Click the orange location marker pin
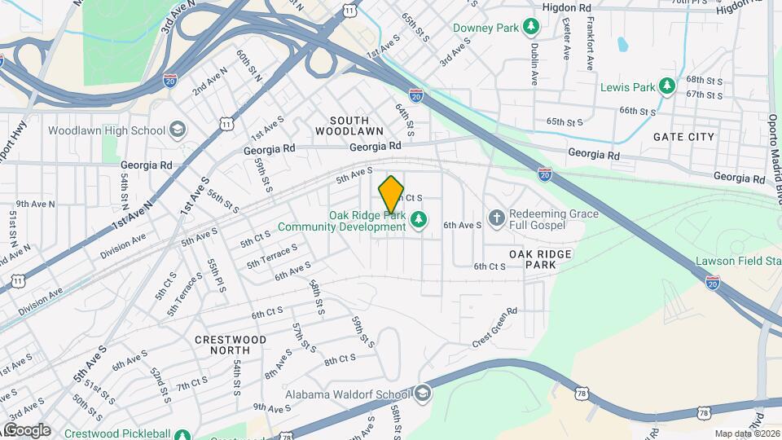[392, 195]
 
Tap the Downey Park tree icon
[532, 28]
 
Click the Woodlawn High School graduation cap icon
[177, 130]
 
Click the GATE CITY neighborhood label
[683, 137]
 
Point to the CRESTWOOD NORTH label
[231, 345]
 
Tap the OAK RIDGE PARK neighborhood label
[540, 260]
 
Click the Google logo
[27, 430]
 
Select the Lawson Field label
[738, 262]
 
